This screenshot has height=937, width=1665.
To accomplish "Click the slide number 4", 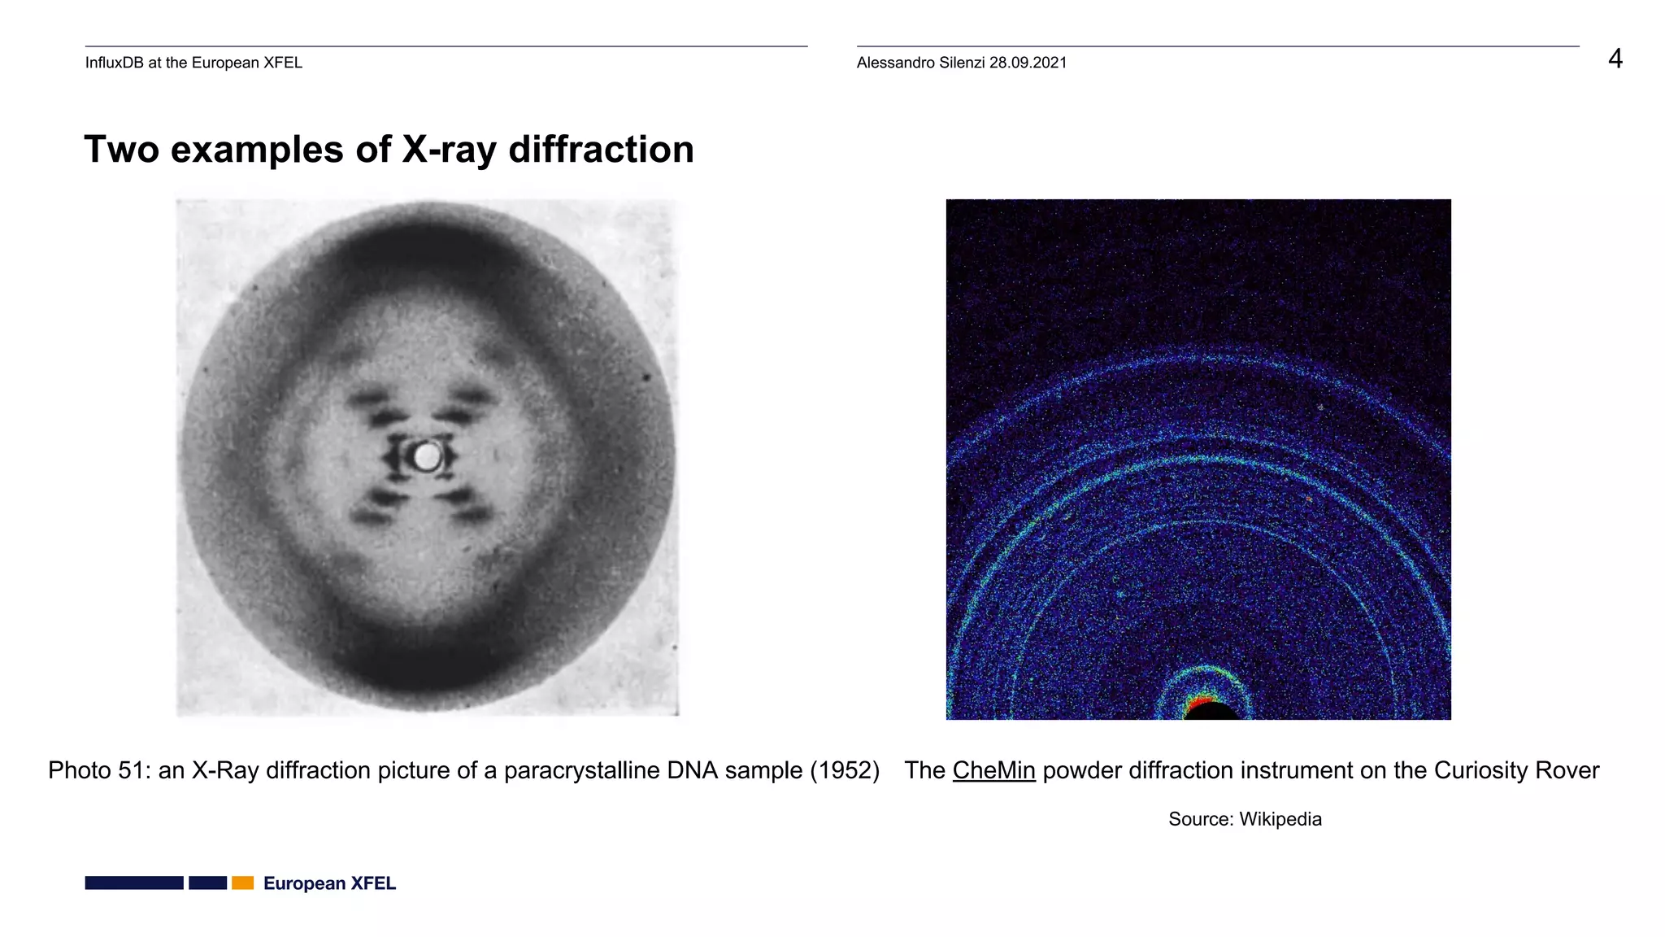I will click(1615, 59).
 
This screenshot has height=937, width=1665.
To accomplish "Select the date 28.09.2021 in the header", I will click(1028, 63).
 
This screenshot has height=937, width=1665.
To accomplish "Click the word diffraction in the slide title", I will click(601, 150).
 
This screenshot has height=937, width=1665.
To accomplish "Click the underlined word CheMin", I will click(993, 770).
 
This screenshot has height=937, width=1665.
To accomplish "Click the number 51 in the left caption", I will click(134, 770).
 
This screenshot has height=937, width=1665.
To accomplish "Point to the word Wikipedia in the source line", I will click(1280, 819).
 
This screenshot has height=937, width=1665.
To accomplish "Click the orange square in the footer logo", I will click(242, 883).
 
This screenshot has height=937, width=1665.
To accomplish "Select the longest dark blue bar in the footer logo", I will click(134, 883).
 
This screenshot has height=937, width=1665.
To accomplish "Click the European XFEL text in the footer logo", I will click(329, 883).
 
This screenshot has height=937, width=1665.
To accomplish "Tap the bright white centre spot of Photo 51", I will click(426, 457).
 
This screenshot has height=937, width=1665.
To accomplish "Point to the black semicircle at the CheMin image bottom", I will click(1212, 713).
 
